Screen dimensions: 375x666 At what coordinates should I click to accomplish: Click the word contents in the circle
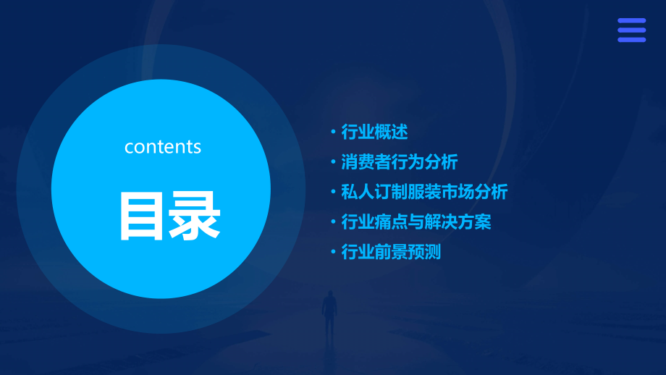[163, 147]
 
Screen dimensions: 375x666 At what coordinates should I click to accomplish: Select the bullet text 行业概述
[374, 132]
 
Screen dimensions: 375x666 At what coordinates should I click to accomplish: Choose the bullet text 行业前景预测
[391, 252]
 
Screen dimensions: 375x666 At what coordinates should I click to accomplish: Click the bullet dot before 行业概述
[333, 132]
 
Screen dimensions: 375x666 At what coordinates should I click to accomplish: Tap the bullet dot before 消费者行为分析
[333, 162]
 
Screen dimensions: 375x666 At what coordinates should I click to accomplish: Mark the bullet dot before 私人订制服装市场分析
[333, 193]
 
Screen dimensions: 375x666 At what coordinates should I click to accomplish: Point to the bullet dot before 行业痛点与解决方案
[333, 222]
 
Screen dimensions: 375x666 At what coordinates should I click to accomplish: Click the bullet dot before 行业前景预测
[333, 253]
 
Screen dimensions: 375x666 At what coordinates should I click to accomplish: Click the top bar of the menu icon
[631, 21]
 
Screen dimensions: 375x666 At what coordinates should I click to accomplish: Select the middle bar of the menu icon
[631, 30]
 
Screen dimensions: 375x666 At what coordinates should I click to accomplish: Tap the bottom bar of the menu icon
[631, 40]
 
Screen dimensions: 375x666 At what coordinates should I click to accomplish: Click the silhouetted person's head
[329, 295]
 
